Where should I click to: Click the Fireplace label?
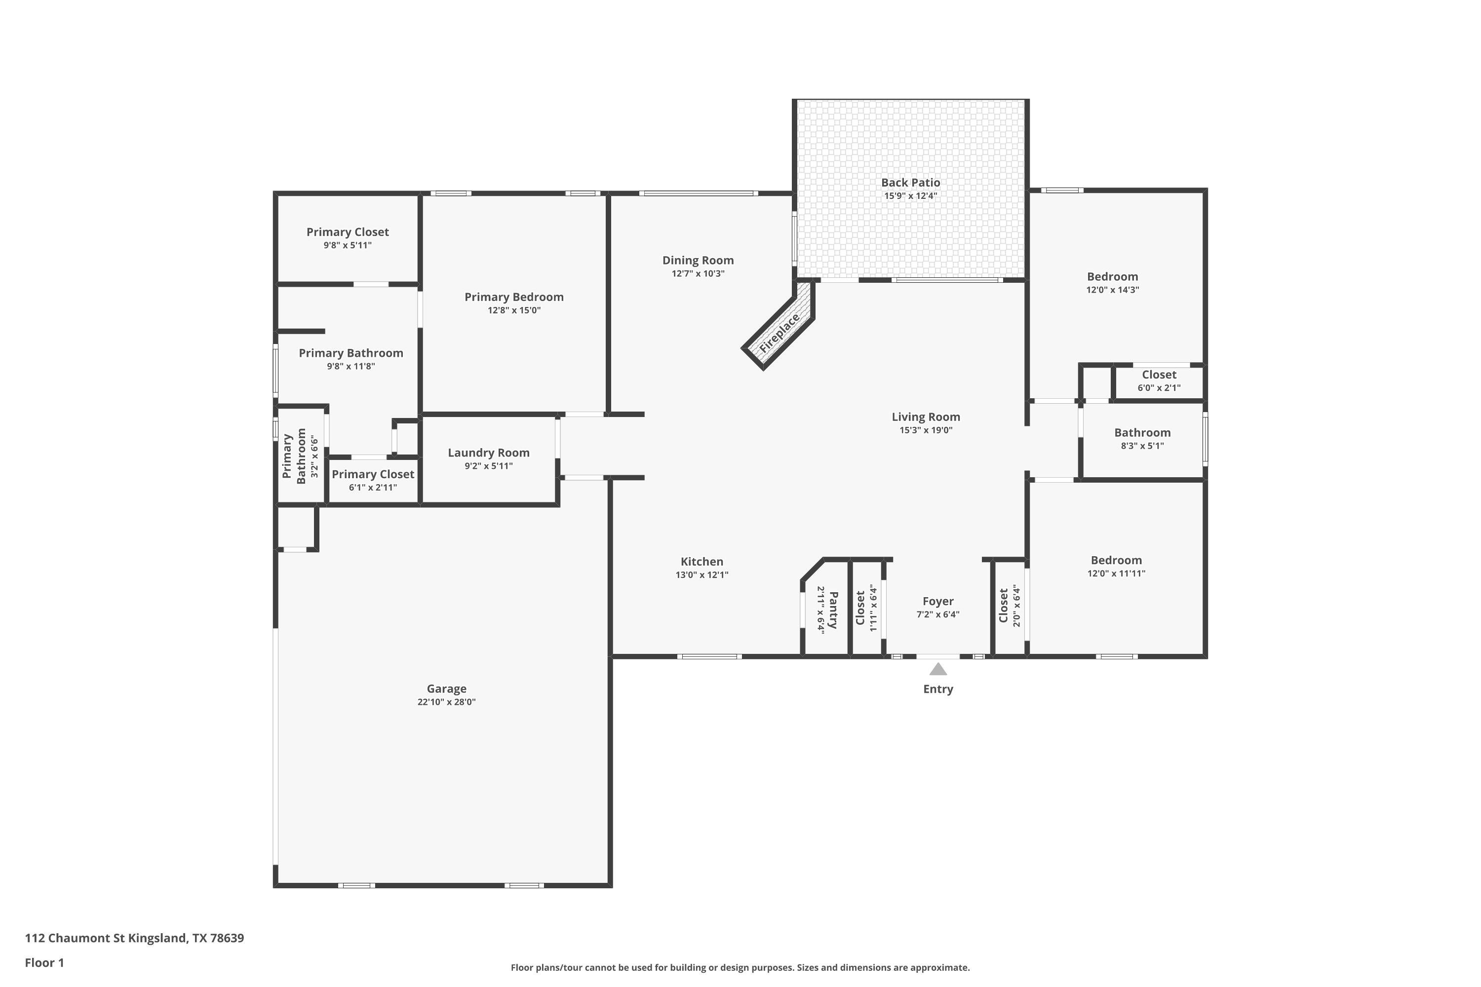[x=779, y=333]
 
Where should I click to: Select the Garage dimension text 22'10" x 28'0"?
[x=446, y=702]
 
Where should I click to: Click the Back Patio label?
[x=910, y=183]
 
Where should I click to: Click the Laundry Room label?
[x=489, y=453]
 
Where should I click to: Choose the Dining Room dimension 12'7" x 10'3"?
[x=698, y=274]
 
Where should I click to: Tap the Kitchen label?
[x=702, y=562]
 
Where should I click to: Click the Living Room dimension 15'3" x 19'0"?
[x=926, y=430]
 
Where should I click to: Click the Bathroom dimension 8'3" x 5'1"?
[x=1142, y=446]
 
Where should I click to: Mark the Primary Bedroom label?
[x=514, y=297]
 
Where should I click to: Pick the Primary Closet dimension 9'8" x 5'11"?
[x=348, y=245]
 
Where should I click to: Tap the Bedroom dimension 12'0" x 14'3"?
[x=1113, y=290]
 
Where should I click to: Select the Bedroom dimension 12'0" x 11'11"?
[x=1116, y=573]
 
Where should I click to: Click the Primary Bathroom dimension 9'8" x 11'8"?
[x=351, y=366]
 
